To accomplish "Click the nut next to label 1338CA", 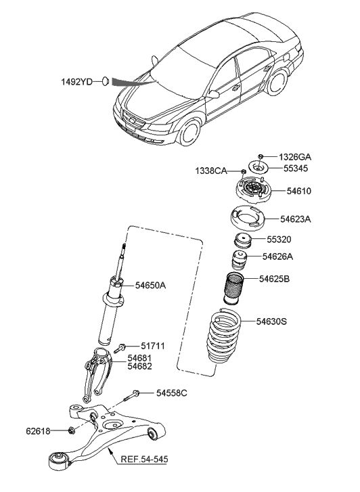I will coord(243,171).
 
